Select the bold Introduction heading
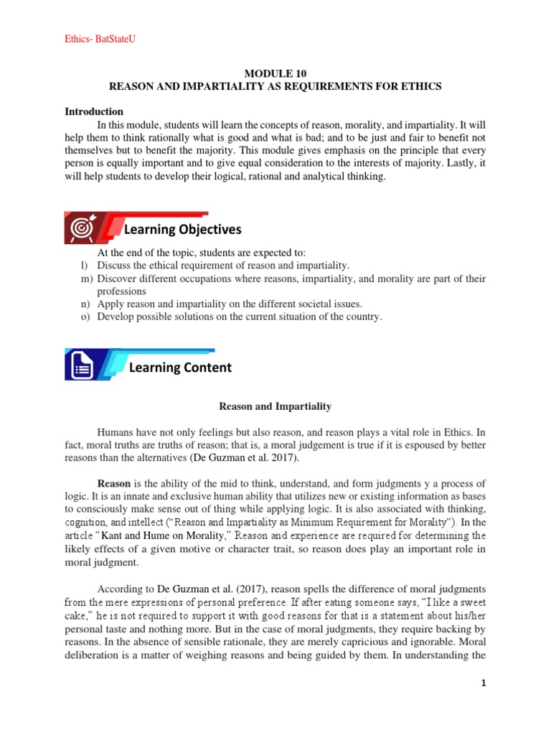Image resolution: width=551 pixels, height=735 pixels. [94, 111]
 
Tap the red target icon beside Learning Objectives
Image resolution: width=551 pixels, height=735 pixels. [80, 229]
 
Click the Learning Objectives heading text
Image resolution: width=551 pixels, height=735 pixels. [183, 230]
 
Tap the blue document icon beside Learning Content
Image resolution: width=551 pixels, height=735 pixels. [82, 367]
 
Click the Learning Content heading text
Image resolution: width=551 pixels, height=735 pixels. [180, 367]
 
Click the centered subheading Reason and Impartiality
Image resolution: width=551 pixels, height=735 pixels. [275, 406]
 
